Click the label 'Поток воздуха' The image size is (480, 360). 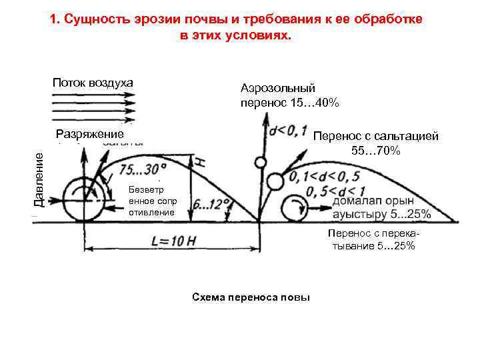click(93, 83)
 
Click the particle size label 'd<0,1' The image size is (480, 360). click(287, 129)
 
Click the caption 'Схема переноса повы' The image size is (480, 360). click(251, 297)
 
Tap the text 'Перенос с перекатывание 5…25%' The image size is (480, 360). click(371, 239)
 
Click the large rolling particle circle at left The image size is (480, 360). click(81, 199)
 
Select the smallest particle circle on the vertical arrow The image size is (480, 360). click(260, 162)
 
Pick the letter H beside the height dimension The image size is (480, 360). click(199, 159)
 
